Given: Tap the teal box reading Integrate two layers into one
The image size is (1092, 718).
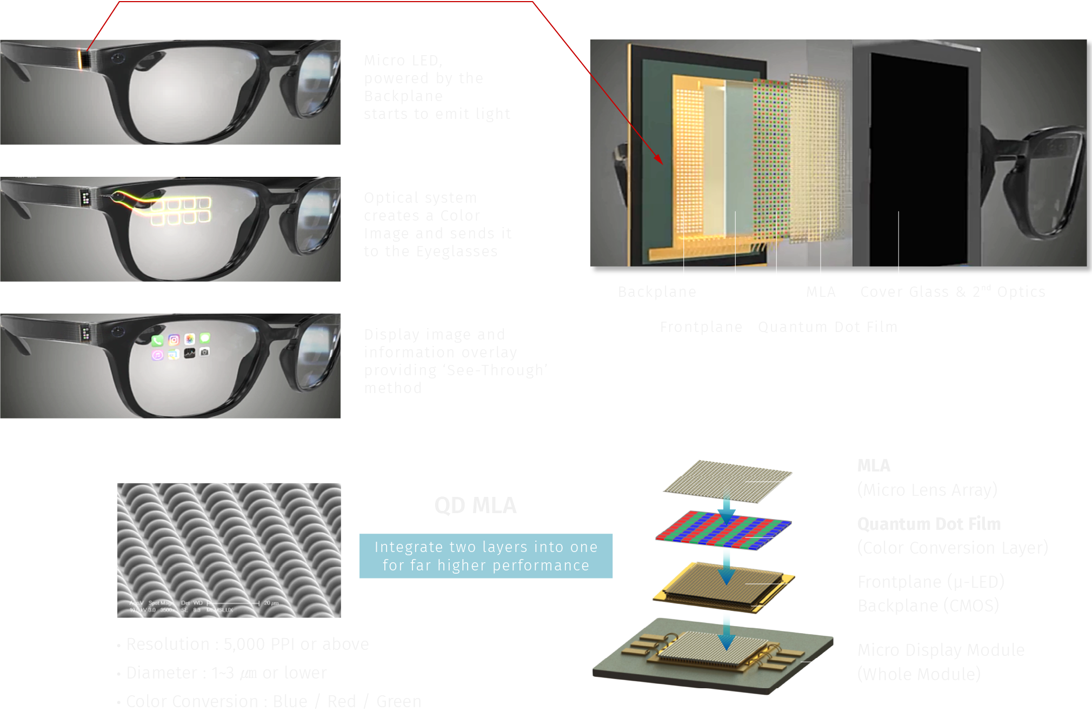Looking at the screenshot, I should tap(485, 556).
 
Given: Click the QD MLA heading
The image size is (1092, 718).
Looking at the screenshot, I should tap(475, 506).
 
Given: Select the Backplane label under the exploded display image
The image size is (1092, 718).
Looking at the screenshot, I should tap(657, 292).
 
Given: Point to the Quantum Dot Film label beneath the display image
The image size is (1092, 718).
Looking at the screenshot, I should tap(827, 327).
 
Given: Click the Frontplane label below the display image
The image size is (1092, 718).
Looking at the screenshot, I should tap(701, 327).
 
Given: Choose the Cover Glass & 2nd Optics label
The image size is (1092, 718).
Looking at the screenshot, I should tap(953, 292).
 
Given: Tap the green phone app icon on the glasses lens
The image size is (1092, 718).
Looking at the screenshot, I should tap(157, 341).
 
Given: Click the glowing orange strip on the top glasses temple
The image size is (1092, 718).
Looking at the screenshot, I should tap(83, 59).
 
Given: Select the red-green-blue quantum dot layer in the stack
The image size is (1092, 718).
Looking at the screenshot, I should tap(723, 530).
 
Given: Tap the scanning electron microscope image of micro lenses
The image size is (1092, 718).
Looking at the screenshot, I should tap(229, 550).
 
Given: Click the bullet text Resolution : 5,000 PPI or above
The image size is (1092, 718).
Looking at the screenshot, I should tap(247, 644).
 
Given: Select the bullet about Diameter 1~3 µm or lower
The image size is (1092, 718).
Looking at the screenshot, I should tap(226, 673).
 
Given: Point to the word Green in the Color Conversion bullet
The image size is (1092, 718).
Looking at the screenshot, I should tap(398, 701).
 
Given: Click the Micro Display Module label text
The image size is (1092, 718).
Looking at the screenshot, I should tap(941, 650).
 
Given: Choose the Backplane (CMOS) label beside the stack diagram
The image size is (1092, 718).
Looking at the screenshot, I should tap(928, 606).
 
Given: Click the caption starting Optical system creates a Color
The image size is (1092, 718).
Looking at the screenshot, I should tap(437, 224).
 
